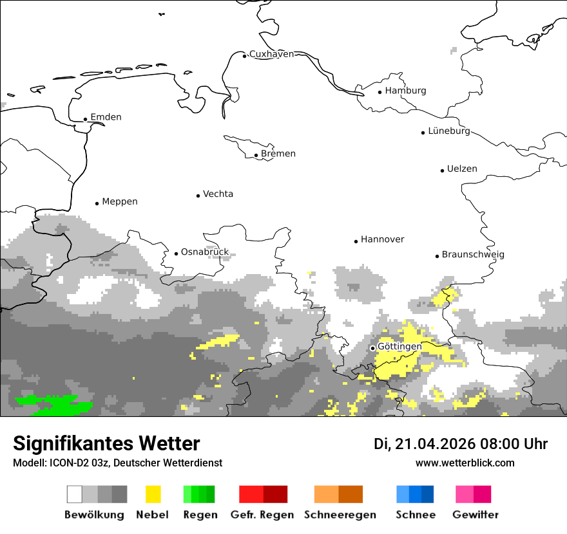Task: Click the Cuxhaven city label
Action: pyautogui.click(x=271, y=54)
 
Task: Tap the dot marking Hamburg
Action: pyautogui.click(x=380, y=91)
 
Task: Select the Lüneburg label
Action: pyautogui.click(x=449, y=131)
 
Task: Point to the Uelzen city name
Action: pyautogui.click(x=462, y=169)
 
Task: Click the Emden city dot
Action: pyautogui.click(x=86, y=119)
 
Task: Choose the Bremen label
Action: pyautogui.click(x=278, y=154)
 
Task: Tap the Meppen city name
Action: pyautogui.click(x=120, y=202)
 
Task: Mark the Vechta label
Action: pyautogui.click(x=218, y=194)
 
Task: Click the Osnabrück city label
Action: pyautogui.click(x=204, y=252)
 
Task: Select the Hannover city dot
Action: pyautogui.click(x=356, y=241)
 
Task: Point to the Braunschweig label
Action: pyautogui.click(x=473, y=255)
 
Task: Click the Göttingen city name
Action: pyautogui.click(x=399, y=347)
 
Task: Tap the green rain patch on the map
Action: pyautogui.click(x=55, y=405)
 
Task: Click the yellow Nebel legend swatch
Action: pyautogui.click(x=153, y=494)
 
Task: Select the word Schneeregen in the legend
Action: pyautogui.click(x=340, y=515)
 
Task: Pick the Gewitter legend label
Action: pyautogui.click(x=476, y=515)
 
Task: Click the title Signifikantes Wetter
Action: pyautogui.click(x=107, y=443)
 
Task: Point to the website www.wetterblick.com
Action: pyautogui.click(x=465, y=463)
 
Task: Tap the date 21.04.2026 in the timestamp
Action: pyautogui.click(x=436, y=444)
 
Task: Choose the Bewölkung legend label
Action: pyautogui.click(x=94, y=515)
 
